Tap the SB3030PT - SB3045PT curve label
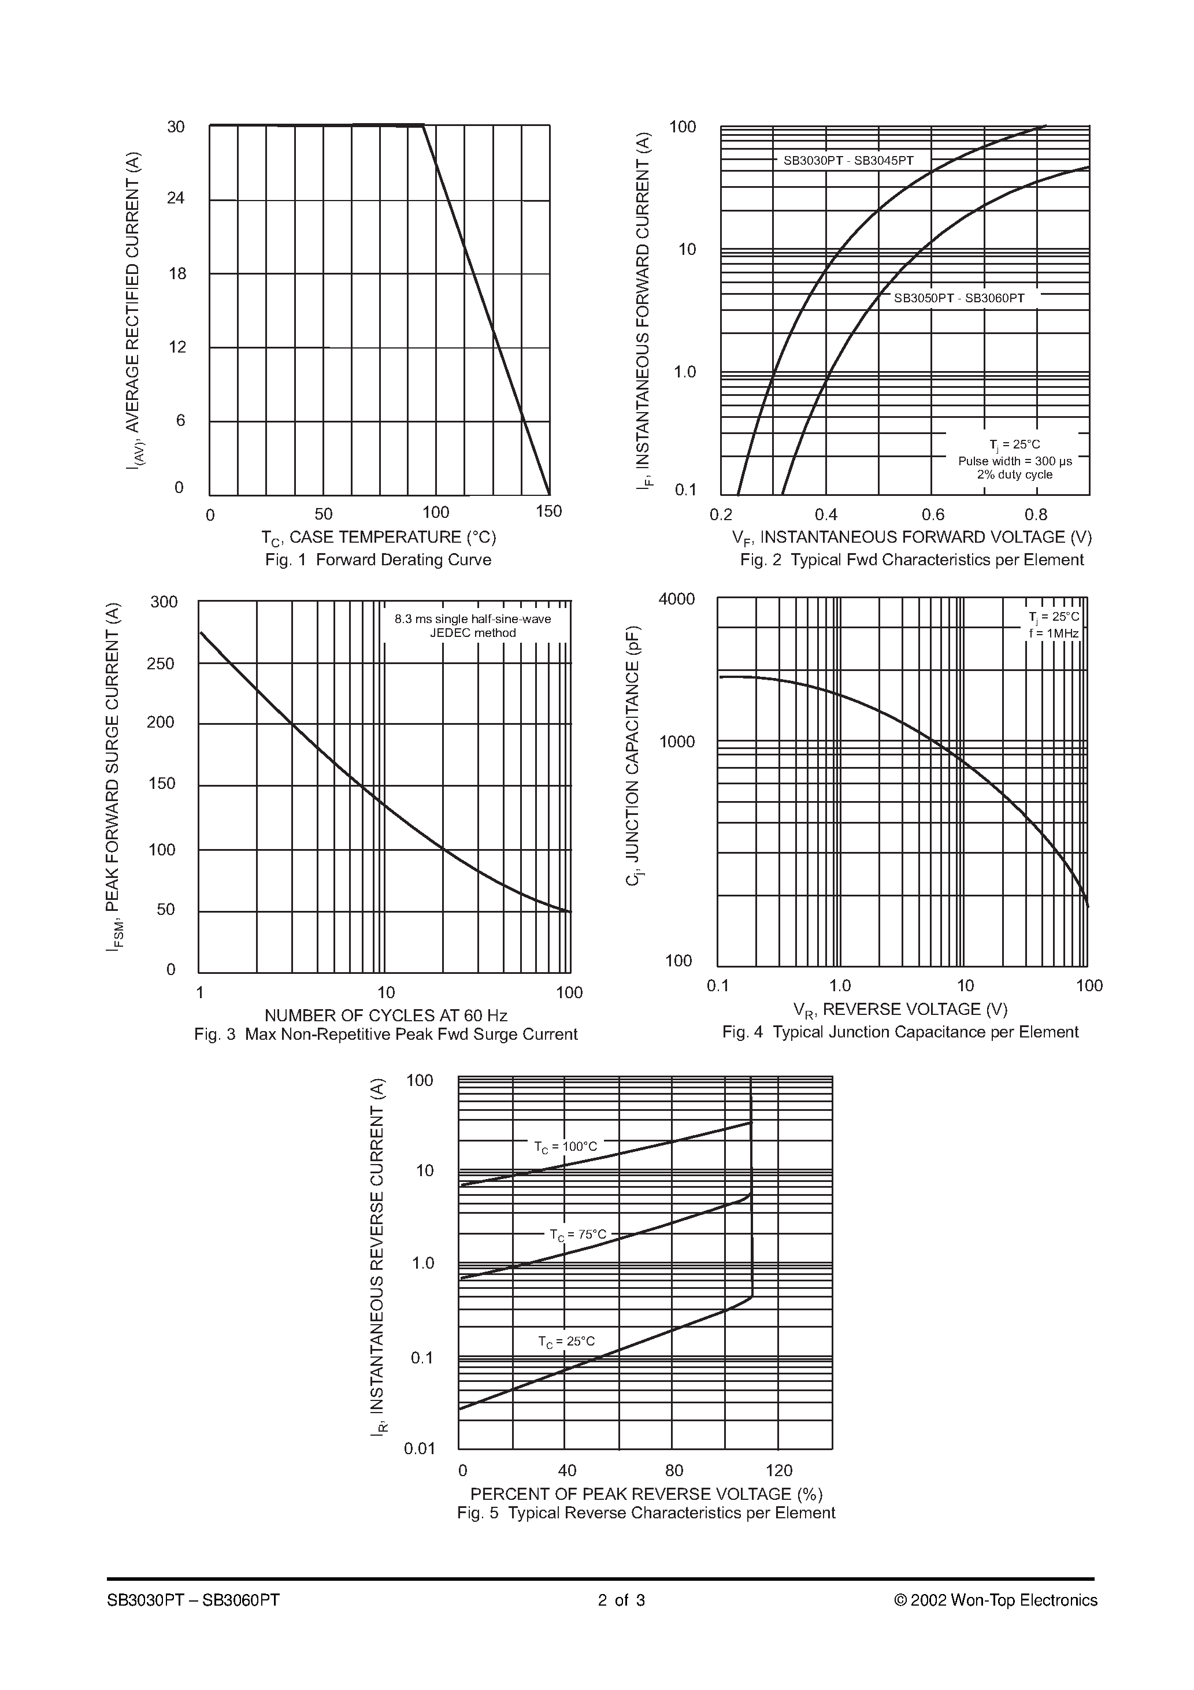(x=848, y=161)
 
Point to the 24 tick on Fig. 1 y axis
(x=176, y=198)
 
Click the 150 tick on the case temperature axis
(x=548, y=512)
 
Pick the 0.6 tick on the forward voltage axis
(x=933, y=515)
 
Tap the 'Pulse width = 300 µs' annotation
(x=1014, y=461)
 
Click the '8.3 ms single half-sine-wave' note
(x=473, y=619)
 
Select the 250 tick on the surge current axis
(x=161, y=664)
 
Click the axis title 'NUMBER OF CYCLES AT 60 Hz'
(x=385, y=1016)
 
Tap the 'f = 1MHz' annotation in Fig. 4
(x=1054, y=633)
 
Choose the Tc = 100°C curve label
(x=565, y=1147)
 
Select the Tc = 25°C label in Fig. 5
(x=566, y=1341)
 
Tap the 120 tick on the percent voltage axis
(x=779, y=1470)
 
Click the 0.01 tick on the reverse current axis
(x=420, y=1450)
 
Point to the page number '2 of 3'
(x=621, y=1600)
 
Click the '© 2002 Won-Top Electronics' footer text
(x=995, y=1600)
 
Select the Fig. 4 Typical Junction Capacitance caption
(x=900, y=1032)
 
